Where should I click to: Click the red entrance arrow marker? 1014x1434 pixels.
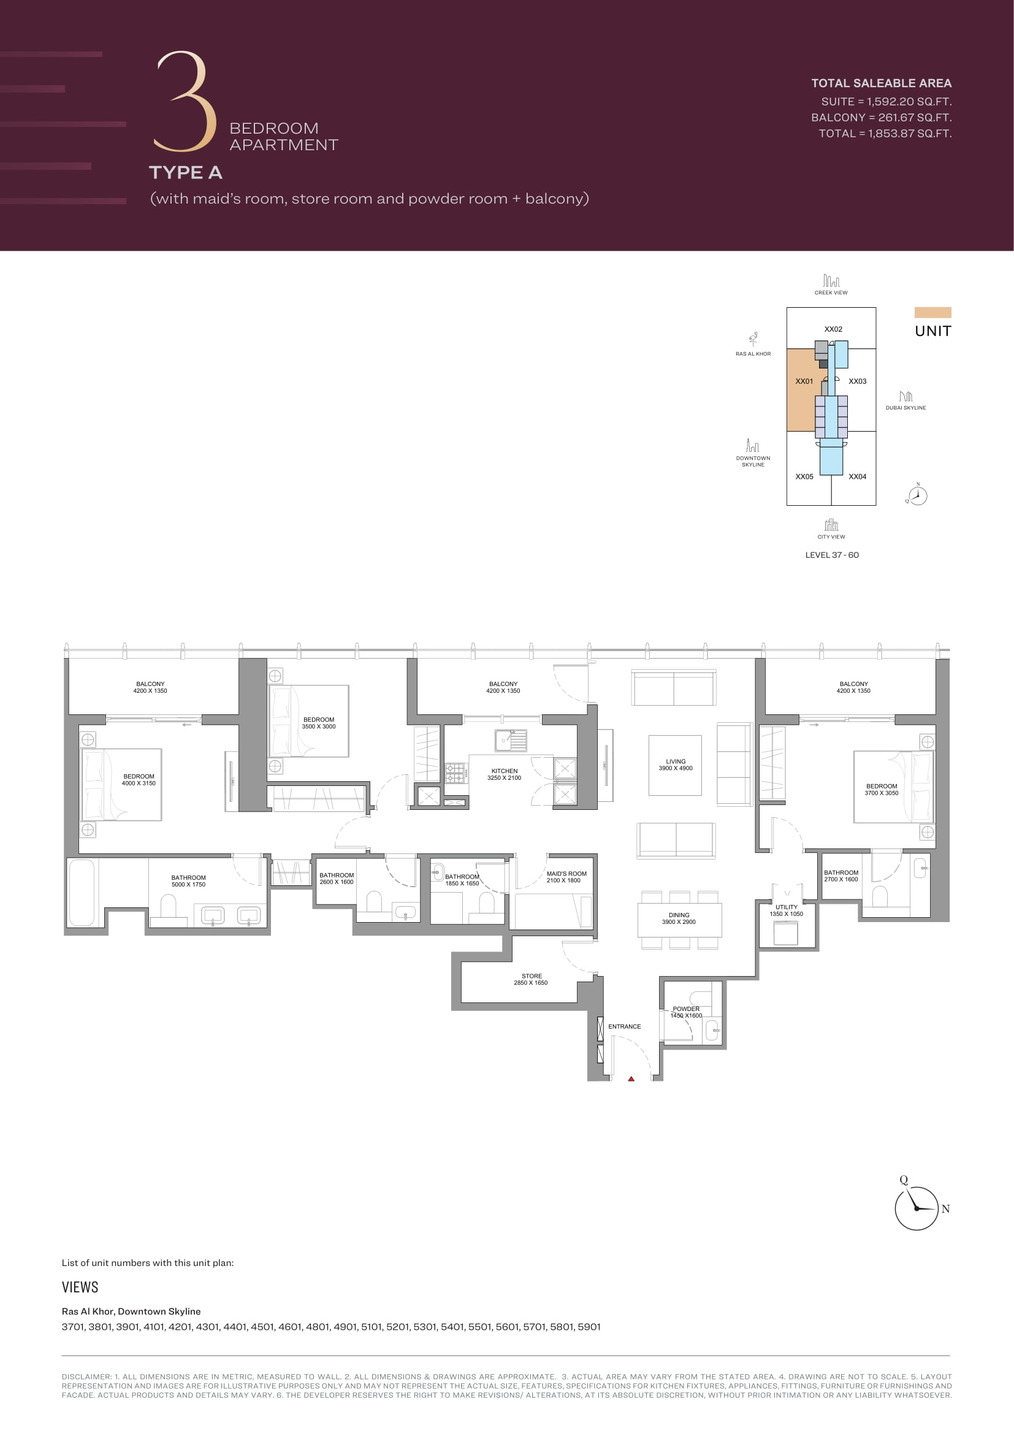tap(631, 1078)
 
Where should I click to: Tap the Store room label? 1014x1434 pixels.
tap(532, 976)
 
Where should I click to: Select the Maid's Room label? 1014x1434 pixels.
tap(566, 874)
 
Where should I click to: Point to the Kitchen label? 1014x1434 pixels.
tap(505, 771)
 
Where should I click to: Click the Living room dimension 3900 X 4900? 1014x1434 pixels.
tap(676, 768)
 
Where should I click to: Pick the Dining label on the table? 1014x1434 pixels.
tap(679, 915)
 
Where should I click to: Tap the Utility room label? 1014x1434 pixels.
tap(786, 907)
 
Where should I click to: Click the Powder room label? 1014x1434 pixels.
tap(686, 1009)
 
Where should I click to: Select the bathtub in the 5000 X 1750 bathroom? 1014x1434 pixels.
tap(82, 893)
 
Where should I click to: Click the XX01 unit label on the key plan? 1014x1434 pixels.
tap(804, 381)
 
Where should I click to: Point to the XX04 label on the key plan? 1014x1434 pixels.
tap(857, 476)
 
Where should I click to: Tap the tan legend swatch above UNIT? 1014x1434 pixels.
tap(933, 312)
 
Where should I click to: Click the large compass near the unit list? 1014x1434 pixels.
tap(917, 1208)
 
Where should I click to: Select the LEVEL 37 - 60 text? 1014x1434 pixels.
tap(832, 555)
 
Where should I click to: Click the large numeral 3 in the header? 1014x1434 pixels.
tap(185, 101)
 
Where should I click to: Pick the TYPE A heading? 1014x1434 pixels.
tap(185, 172)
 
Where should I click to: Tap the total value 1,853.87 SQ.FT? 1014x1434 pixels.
tap(910, 133)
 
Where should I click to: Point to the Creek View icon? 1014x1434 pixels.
tap(831, 280)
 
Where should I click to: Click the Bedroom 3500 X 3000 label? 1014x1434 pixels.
tap(318, 723)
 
